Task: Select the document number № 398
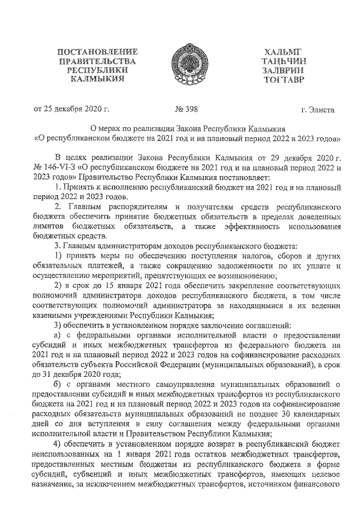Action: click(187, 109)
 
